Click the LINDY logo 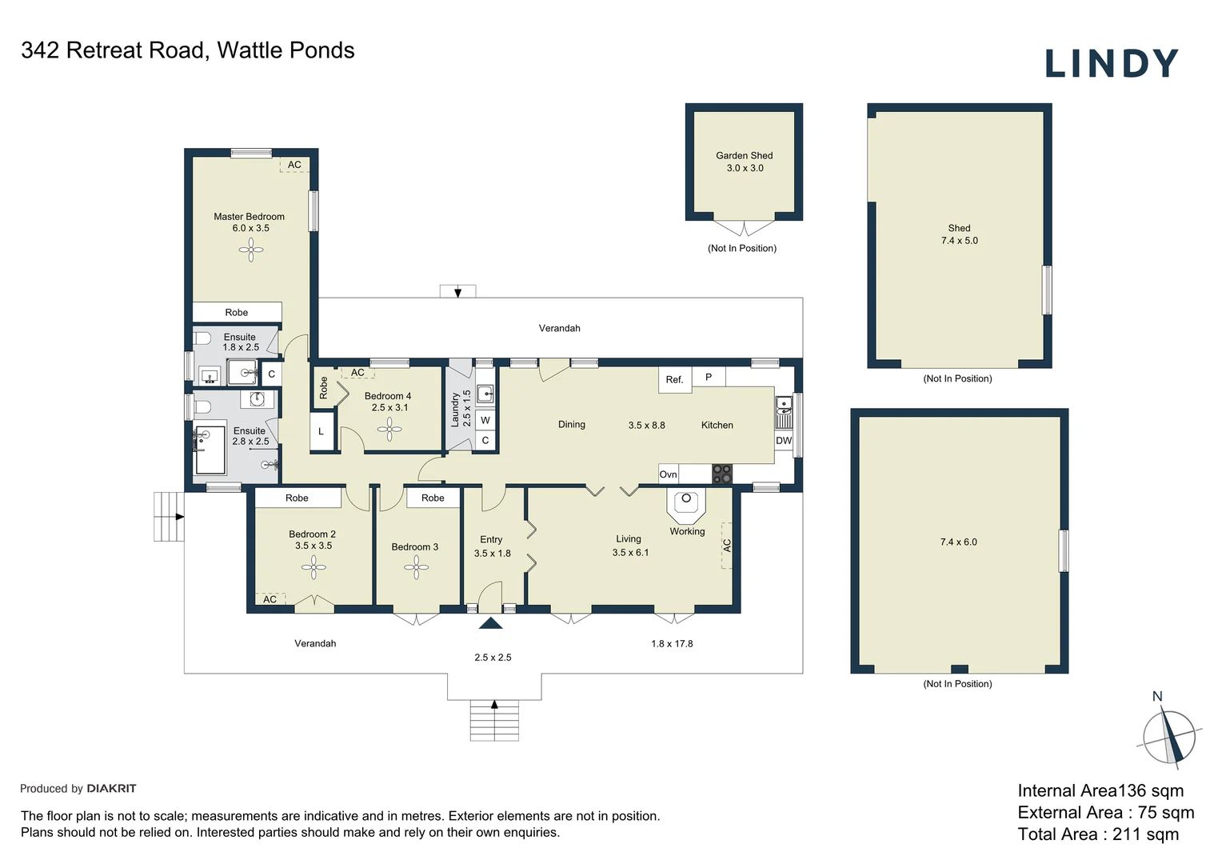[x=1111, y=64]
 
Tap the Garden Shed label [x=744, y=156]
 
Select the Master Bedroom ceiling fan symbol [x=250, y=250]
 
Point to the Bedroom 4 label [x=387, y=396]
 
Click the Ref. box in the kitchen [x=674, y=379]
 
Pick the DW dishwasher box [x=783, y=441]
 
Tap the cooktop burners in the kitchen [x=721, y=474]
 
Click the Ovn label [x=668, y=474]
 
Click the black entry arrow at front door [x=490, y=623]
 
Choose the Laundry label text [x=456, y=409]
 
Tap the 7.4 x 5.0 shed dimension [x=959, y=241]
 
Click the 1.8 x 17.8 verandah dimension [x=672, y=644]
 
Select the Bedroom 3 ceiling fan [x=416, y=567]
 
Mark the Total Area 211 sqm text [x=1097, y=834]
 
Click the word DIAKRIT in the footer [x=111, y=789]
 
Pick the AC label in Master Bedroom [x=294, y=165]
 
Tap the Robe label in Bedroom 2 [x=297, y=498]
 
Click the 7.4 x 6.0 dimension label [x=958, y=542]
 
